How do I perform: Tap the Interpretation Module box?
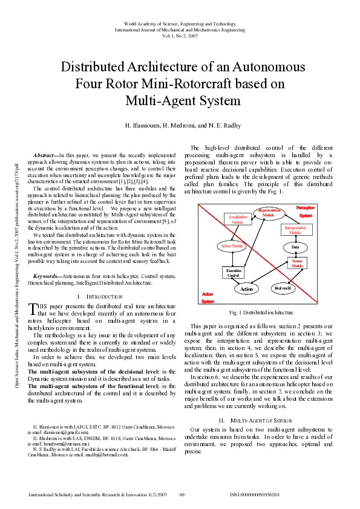[295, 230]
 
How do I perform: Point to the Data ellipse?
[295, 247]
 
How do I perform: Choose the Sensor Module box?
[297, 263]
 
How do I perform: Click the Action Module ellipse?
[232, 246]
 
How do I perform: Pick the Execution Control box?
[233, 273]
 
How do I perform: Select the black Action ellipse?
[246, 289]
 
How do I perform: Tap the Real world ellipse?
[283, 288]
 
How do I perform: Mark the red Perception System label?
[306, 211]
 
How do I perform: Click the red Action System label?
[208, 297]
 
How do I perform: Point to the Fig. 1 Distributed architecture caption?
[261, 313]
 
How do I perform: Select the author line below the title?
[182, 125]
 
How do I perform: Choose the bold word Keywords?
[47, 276]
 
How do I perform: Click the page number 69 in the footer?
[182, 494]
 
